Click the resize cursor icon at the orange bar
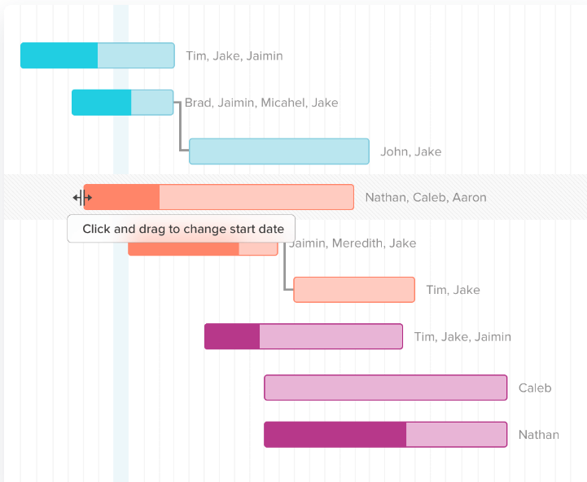(81, 197)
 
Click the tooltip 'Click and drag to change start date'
(182, 229)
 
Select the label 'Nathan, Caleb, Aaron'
(425, 197)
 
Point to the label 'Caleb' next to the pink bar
(534, 388)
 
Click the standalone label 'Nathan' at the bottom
(538, 435)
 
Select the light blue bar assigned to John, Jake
(278, 151)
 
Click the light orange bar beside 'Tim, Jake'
(353, 290)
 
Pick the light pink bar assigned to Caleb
(385, 388)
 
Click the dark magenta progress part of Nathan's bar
(335, 435)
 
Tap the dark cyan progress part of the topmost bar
(59, 55)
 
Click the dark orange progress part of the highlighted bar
(122, 197)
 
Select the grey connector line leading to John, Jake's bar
(180, 130)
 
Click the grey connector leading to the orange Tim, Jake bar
(284, 273)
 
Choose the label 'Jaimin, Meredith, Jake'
(353, 243)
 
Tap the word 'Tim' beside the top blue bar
(196, 56)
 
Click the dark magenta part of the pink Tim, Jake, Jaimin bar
(232, 336)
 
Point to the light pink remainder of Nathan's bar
(456, 435)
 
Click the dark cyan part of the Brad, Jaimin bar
(101, 103)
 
